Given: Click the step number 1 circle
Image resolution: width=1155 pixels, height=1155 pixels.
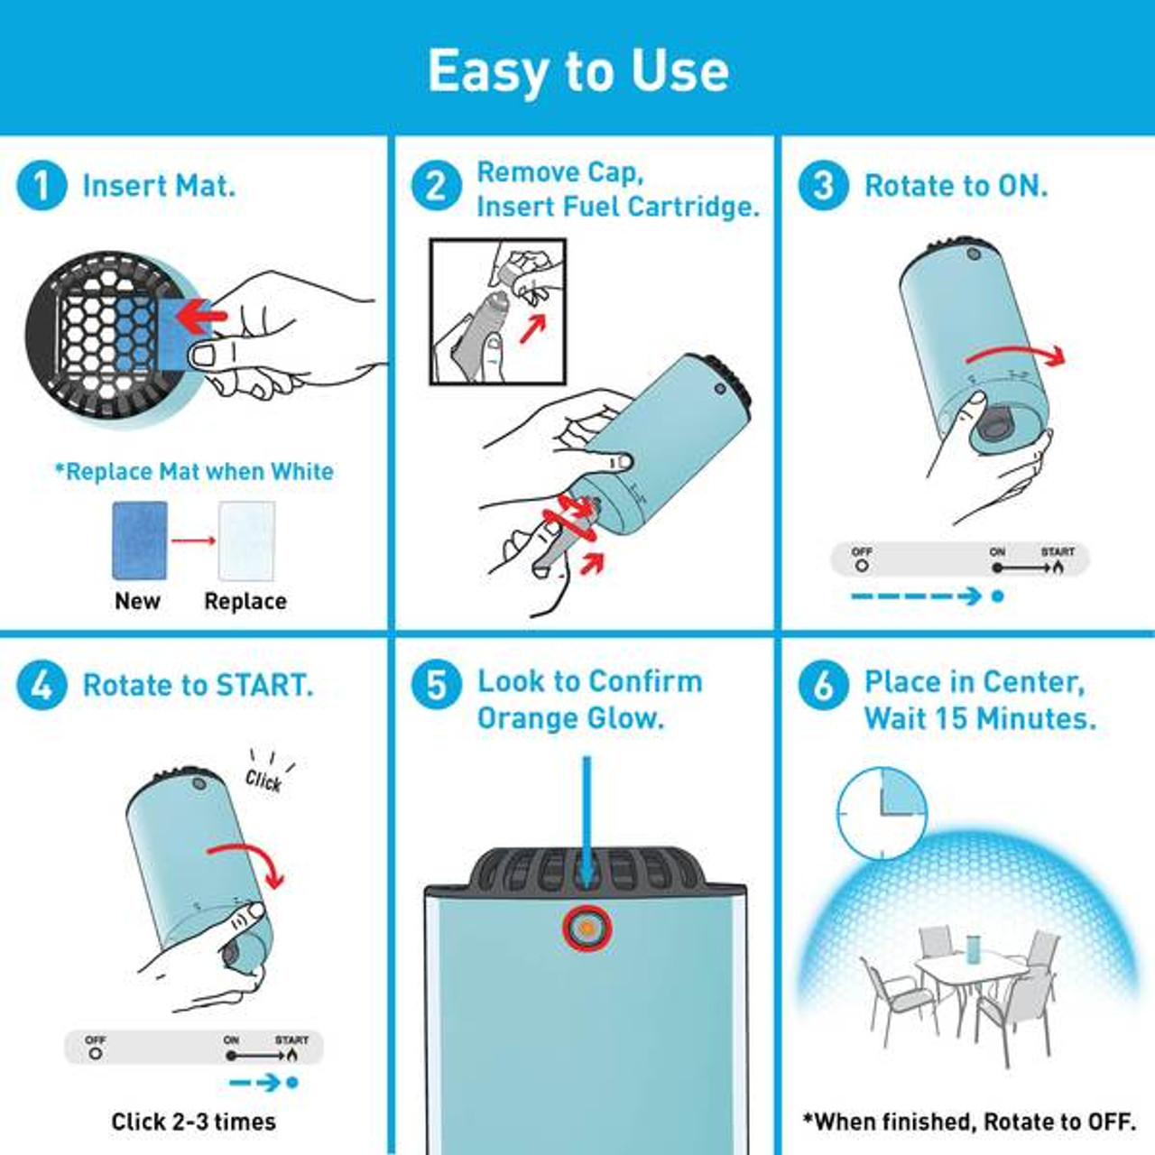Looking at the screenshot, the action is pyautogui.click(x=42, y=185).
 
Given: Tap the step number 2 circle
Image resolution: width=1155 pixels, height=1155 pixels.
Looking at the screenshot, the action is pyautogui.click(x=437, y=185).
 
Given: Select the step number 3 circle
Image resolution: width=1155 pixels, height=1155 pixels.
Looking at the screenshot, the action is pyautogui.click(x=824, y=185).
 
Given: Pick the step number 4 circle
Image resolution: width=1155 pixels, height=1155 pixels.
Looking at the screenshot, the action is pyautogui.click(x=42, y=685).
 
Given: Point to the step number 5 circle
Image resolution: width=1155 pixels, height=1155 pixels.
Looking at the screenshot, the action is pyautogui.click(x=437, y=685).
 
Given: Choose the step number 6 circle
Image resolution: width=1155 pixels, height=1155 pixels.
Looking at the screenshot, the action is pyautogui.click(x=824, y=685).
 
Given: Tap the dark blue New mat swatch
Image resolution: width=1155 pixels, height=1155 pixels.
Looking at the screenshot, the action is pyautogui.click(x=140, y=541).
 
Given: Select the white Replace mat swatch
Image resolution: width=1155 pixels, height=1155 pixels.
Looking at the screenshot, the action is pyautogui.click(x=246, y=541).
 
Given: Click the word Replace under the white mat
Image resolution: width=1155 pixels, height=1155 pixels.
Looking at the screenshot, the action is pyautogui.click(x=245, y=601).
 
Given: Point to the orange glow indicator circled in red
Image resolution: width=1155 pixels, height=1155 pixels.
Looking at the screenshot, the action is pyautogui.click(x=587, y=929).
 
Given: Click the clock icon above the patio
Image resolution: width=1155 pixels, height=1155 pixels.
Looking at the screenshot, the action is pyautogui.click(x=882, y=813).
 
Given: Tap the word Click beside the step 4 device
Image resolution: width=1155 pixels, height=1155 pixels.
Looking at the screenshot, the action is pyautogui.click(x=263, y=781).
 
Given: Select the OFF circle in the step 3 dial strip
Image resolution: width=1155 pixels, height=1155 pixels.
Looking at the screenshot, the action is pyautogui.click(x=862, y=565).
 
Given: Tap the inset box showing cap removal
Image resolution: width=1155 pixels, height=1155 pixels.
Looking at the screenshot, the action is pyautogui.click(x=497, y=311).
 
